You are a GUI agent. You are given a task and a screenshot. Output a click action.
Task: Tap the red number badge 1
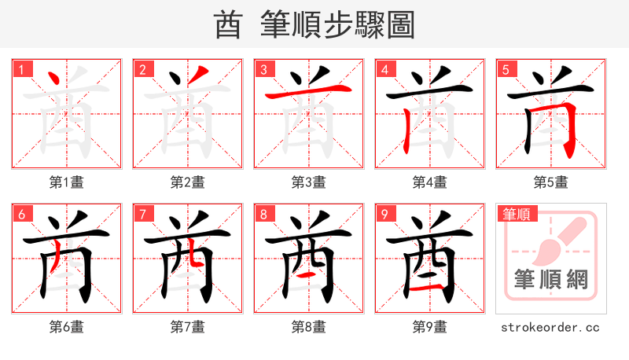[x=20, y=69]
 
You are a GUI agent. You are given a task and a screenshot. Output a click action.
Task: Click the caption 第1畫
[x=67, y=182]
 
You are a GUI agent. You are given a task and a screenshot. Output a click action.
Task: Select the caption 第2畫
[x=188, y=182]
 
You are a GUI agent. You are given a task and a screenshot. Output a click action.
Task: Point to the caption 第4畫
[x=430, y=182]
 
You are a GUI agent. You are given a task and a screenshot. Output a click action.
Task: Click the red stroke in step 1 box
[x=55, y=79]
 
